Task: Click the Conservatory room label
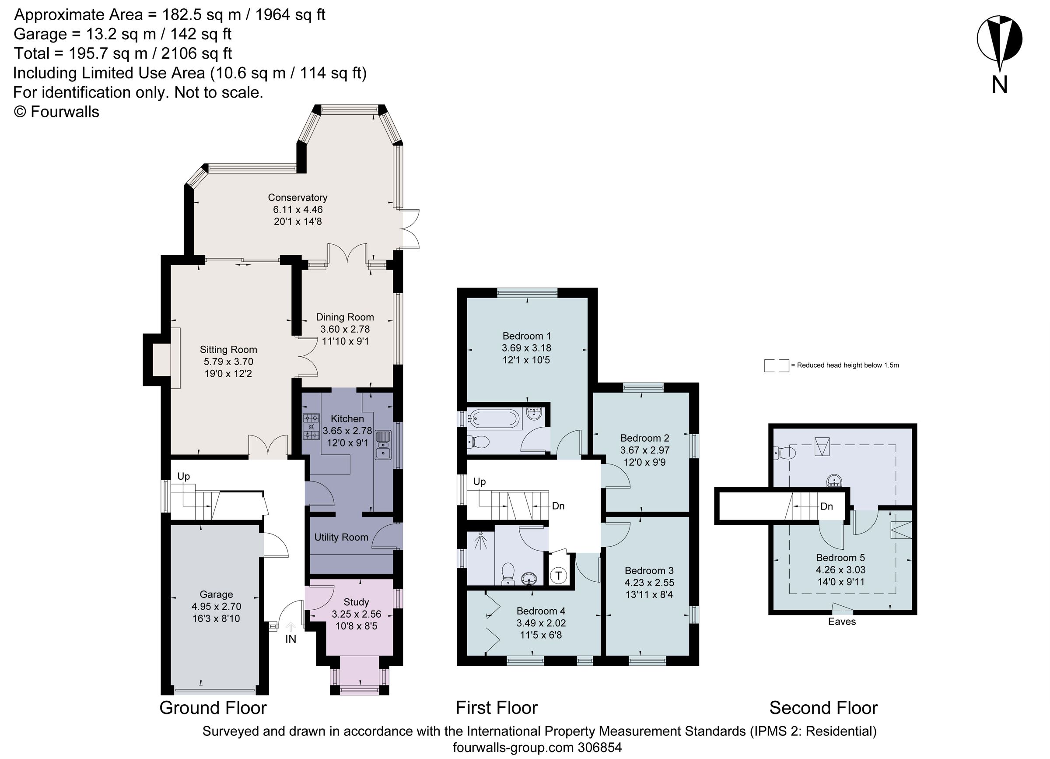297,198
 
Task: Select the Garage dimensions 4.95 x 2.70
216,606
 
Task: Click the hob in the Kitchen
311,426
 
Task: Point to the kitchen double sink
382,445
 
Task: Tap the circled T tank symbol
558,576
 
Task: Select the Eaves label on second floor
842,622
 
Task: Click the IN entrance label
290,640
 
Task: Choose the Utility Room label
341,537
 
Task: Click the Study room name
356,602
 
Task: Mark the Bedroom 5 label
840,558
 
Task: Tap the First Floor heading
496,708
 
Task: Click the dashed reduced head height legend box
776,365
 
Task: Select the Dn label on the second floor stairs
826,506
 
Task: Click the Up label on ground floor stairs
183,477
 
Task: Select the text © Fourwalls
56,112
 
